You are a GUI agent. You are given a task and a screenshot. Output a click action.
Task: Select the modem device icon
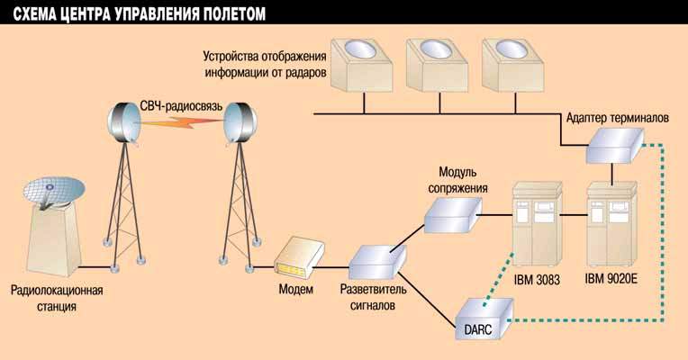pos(294,257)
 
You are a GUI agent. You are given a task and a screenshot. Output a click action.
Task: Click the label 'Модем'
pos(294,290)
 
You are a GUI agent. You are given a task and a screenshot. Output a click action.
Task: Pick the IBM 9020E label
pos(611,280)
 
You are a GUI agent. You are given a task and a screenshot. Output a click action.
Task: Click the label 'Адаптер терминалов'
pos(617,118)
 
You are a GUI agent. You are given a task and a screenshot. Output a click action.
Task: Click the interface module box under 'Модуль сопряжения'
pos(451,212)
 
